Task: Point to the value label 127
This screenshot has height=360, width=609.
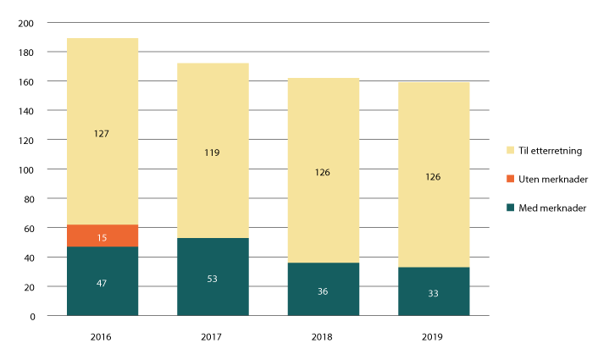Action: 102,133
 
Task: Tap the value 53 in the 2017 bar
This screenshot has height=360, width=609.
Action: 213,277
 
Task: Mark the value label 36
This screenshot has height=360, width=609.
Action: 324,290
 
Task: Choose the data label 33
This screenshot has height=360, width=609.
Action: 434,294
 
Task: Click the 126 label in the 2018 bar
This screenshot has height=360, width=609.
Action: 324,173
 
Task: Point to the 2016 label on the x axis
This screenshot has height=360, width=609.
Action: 102,336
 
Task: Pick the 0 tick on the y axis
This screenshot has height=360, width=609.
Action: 32,316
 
